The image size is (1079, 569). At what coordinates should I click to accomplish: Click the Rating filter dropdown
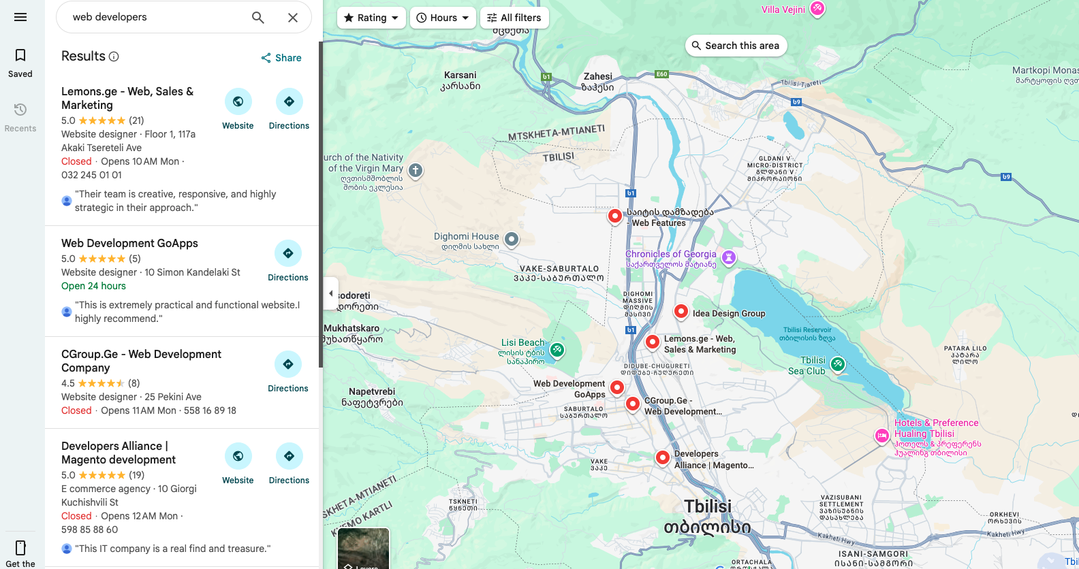tap(371, 18)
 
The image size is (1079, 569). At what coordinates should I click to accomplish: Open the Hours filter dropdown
tap(443, 18)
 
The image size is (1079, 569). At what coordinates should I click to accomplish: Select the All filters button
tap(514, 18)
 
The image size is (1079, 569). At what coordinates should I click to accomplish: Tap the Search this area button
tap(736, 46)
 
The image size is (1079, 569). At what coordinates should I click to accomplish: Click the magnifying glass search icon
tap(257, 18)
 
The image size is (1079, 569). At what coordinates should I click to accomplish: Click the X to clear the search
tap(293, 18)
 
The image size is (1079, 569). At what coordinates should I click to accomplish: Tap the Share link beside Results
tap(281, 58)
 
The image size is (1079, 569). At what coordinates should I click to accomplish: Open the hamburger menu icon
tap(20, 17)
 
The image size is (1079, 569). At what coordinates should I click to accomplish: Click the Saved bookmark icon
tap(20, 56)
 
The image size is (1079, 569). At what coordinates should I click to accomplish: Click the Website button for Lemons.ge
tap(238, 102)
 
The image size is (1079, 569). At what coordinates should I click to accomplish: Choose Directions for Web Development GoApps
tap(288, 254)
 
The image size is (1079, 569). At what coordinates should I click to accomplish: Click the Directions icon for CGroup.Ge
tap(288, 365)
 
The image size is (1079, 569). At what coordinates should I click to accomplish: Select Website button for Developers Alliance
tap(238, 457)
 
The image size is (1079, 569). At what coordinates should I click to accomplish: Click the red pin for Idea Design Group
tap(681, 311)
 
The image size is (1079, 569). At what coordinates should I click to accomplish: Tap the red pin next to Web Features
tap(614, 216)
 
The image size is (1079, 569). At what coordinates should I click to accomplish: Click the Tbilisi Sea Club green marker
tap(838, 364)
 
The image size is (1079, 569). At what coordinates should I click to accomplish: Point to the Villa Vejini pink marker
tap(817, 8)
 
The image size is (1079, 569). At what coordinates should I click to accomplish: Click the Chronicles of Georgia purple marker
tap(729, 257)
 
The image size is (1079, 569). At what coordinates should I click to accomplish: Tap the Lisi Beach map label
tap(522, 342)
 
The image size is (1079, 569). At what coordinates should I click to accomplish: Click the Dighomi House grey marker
tap(512, 239)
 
